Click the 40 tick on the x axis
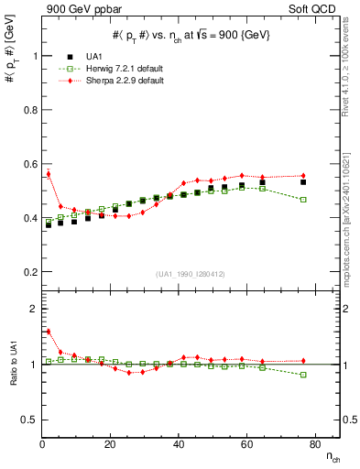[179, 443]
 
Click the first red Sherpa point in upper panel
[48, 173]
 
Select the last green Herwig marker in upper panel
[303, 200]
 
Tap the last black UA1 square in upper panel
[303, 182]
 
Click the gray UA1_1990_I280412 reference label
[190, 274]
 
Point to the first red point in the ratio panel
[48, 332]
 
